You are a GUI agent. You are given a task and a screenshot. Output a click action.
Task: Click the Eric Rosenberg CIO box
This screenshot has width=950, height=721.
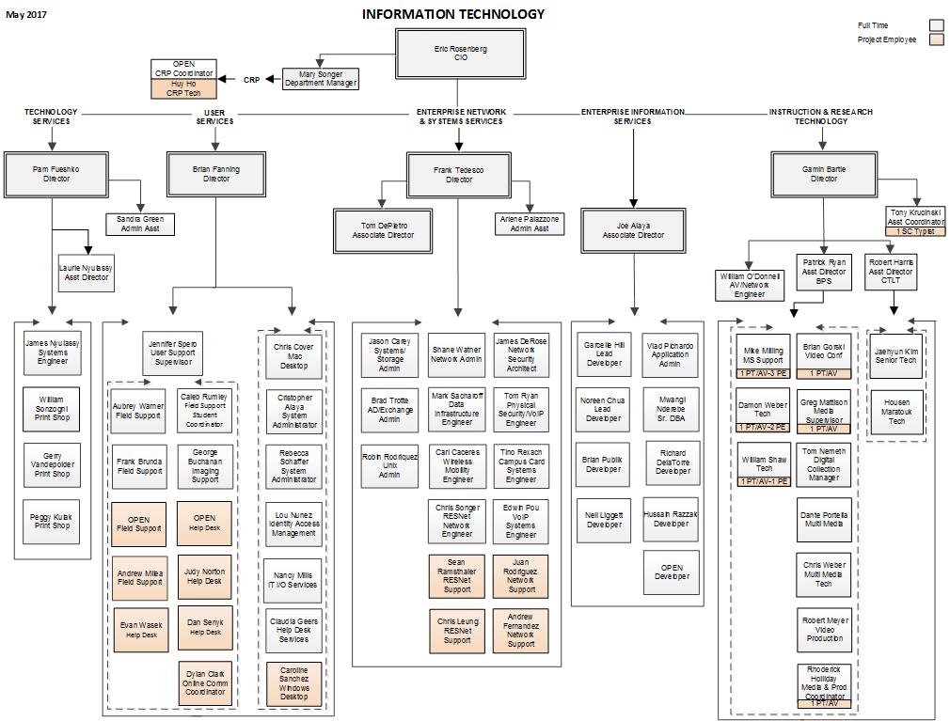click(x=460, y=53)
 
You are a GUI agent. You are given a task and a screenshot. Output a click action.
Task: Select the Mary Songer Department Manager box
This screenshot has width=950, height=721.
click(x=321, y=79)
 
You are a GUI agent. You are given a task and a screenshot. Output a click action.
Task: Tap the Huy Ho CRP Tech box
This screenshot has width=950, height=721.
click(x=183, y=88)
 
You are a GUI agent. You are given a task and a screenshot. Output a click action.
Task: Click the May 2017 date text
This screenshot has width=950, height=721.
click(x=26, y=14)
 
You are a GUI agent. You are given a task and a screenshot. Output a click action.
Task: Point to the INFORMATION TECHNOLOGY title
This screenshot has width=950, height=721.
click(x=452, y=14)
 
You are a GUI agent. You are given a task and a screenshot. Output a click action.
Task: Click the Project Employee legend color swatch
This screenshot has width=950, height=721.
click(x=936, y=40)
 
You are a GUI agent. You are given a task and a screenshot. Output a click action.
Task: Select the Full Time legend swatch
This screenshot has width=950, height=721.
click(x=936, y=25)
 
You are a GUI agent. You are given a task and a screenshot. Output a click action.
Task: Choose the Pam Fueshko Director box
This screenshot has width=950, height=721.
click(x=56, y=174)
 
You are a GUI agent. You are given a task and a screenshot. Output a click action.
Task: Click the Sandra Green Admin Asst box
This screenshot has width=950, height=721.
click(x=139, y=224)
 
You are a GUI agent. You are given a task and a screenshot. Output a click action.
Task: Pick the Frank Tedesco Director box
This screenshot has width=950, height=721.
click(x=459, y=175)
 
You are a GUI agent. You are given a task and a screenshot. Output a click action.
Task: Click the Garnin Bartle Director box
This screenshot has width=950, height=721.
click(x=823, y=174)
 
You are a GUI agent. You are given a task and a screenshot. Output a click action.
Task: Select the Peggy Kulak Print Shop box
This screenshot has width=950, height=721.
click(x=53, y=522)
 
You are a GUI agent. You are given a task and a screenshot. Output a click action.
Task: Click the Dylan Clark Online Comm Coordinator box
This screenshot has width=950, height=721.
click(x=204, y=683)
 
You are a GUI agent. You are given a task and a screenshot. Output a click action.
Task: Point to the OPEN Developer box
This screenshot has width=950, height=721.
click(x=671, y=572)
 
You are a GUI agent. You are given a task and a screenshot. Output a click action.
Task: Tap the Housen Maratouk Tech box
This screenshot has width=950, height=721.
click(x=896, y=412)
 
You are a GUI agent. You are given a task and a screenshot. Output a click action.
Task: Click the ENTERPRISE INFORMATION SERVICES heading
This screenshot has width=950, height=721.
click(x=632, y=117)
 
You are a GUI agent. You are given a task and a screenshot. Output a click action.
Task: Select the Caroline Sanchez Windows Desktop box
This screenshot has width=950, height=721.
click(x=293, y=683)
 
